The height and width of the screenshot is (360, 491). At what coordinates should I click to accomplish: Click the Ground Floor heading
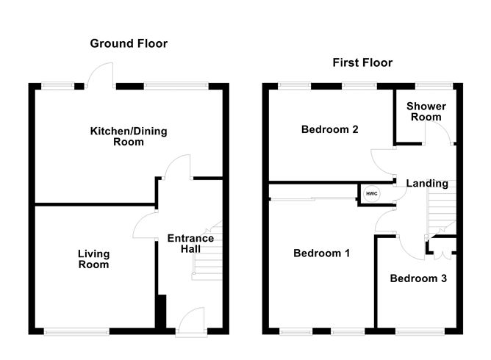[129, 43]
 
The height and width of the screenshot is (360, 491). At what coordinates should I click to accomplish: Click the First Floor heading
[362, 62]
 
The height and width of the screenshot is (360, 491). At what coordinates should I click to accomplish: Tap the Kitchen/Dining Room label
[129, 137]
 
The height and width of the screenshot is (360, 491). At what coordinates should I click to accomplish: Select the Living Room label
[93, 259]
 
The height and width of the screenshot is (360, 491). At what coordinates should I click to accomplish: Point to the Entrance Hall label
[190, 244]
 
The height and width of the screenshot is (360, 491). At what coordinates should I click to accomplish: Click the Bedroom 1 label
[321, 253]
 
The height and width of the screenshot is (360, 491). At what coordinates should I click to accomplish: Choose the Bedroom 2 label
[330, 130]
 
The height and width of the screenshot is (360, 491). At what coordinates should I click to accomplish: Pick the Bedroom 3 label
[417, 278]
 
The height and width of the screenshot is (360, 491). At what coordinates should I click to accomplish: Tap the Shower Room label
[426, 112]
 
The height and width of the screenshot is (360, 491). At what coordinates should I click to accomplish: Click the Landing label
[427, 183]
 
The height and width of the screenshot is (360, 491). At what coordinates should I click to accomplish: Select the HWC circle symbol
[371, 193]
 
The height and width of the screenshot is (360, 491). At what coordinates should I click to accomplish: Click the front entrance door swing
[189, 320]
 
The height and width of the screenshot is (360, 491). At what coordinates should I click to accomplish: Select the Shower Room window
[424, 85]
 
